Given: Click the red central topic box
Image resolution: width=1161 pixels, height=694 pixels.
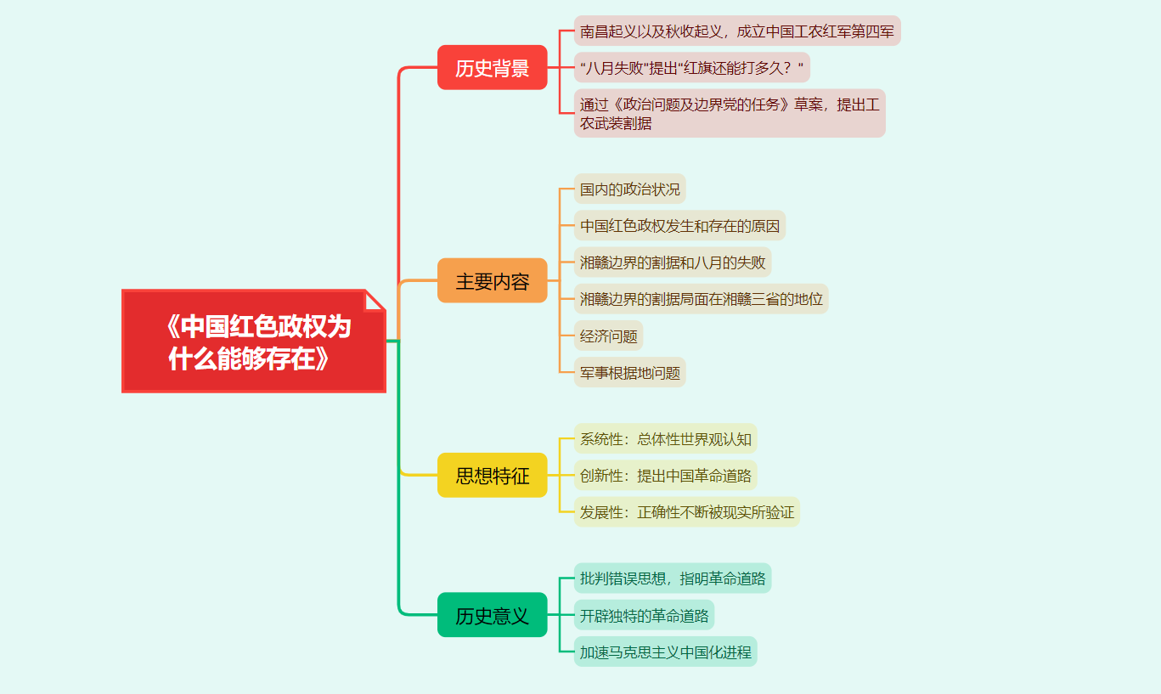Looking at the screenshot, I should point(253,341).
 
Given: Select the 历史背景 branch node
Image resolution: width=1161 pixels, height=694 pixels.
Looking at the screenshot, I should point(492,68).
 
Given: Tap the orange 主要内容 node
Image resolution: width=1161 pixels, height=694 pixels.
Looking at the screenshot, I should point(492,281).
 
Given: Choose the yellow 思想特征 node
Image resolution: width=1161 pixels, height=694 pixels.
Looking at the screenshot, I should point(492,476).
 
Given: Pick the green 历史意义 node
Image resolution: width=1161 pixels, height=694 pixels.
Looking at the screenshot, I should point(492,615).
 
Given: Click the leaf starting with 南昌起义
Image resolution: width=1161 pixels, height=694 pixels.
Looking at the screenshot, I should point(736,31).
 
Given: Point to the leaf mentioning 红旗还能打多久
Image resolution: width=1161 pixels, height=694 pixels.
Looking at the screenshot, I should point(691,68).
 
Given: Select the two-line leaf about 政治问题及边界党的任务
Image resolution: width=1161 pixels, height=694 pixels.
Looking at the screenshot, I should point(729,113).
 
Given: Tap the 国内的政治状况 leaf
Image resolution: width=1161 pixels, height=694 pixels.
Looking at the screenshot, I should point(629,189).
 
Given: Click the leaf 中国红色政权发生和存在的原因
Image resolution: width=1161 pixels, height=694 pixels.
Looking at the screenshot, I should point(679,226).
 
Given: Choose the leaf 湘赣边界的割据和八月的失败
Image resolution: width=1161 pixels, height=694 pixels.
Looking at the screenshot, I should point(672,262).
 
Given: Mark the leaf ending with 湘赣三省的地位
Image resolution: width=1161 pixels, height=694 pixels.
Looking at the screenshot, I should point(701,299).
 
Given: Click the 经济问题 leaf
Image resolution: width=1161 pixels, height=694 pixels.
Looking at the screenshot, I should point(608,336).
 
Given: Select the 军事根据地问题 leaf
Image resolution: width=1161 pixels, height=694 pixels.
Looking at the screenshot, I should point(629,373).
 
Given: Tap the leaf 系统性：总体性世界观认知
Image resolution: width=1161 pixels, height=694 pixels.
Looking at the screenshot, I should point(665,439).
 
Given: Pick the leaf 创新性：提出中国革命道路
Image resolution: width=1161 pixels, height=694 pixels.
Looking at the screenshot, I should point(665,476).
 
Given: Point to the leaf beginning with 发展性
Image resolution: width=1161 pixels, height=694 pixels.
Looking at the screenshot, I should point(686,512).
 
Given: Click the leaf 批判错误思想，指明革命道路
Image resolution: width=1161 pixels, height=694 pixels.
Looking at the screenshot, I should point(672,578).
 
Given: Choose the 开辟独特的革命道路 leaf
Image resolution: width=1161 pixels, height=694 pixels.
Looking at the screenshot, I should point(644,615).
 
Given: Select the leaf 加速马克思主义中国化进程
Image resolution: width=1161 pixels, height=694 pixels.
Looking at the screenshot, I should point(665,652).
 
